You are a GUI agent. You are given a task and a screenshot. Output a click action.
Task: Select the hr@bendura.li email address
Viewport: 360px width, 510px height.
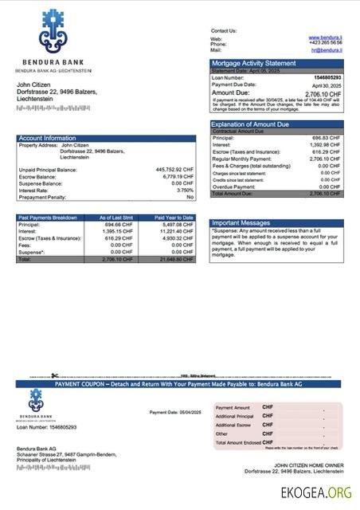[x=326, y=49]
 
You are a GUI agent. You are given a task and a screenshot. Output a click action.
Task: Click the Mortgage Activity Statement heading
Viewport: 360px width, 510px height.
[x=253, y=63]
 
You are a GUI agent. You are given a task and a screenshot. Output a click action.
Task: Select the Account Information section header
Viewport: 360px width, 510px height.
[x=47, y=138]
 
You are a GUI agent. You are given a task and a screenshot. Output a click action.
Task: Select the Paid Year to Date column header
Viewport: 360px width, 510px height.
[x=174, y=217]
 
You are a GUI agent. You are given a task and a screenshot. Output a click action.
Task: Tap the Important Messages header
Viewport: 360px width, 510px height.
[x=242, y=223]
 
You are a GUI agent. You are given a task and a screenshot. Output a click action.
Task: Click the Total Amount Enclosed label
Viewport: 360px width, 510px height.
[x=237, y=442]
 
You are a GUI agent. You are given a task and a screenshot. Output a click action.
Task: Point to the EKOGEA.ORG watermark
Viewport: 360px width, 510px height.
[x=315, y=493]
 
